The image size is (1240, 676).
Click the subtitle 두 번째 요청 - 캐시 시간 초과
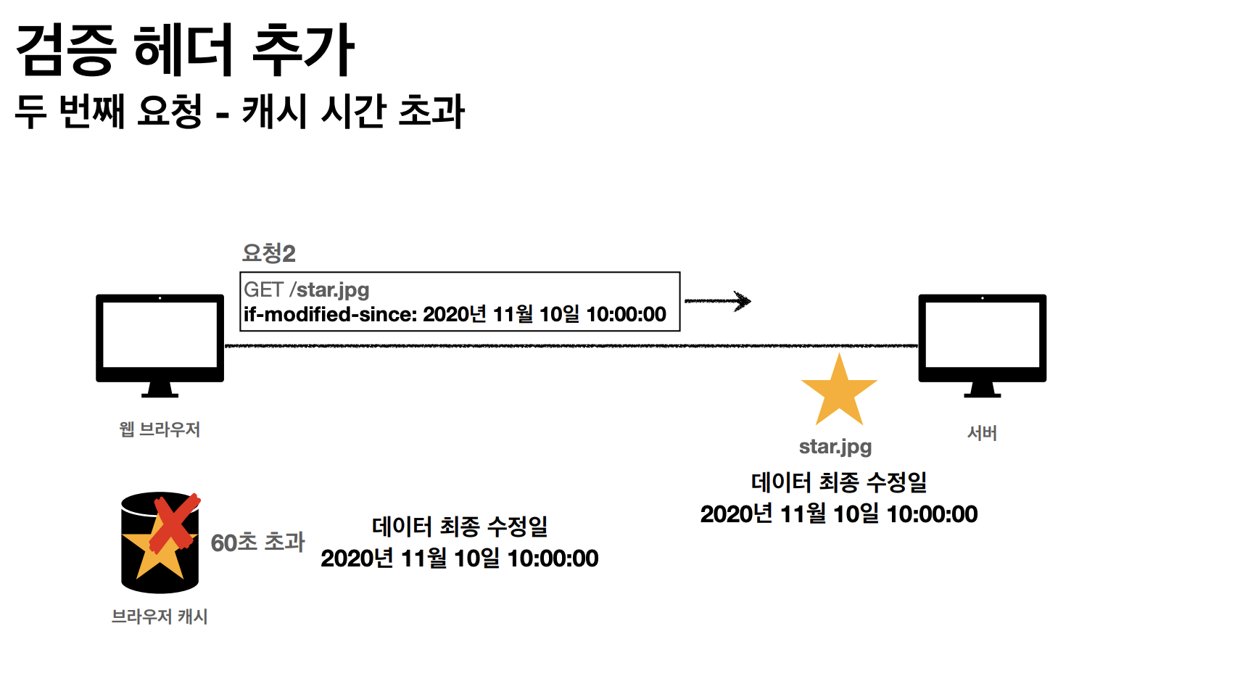point(239,112)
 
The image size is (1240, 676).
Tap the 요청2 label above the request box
point(268,253)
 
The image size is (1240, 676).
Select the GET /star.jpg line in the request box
point(307,289)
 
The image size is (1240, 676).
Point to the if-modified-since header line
point(455,315)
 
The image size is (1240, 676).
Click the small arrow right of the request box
point(718,301)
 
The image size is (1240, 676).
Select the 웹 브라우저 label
point(160,429)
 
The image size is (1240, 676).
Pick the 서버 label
point(982,433)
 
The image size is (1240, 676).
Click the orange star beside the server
point(839,392)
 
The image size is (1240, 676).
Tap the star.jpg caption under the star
point(835,447)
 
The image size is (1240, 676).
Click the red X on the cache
point(175,522)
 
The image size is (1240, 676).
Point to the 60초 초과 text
point(257,542)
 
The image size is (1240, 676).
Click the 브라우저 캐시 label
point(160,617)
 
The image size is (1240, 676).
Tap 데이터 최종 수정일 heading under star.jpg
point(839,482)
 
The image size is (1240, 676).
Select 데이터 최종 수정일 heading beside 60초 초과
point(460,526)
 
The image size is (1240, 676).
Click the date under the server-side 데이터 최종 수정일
point(839,514)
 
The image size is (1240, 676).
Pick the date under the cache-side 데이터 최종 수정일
point(460,558)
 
